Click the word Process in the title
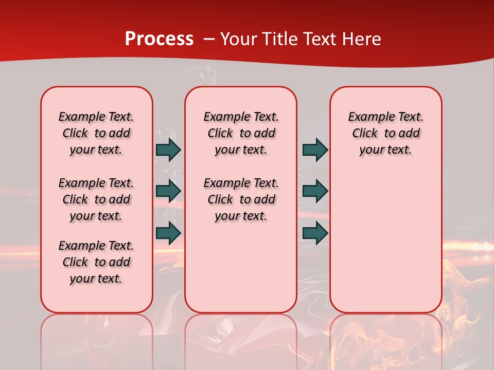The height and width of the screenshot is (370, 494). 159,39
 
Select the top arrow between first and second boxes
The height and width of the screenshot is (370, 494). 168,150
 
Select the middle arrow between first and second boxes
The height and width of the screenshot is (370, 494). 168,191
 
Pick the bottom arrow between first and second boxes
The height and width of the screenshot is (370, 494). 168,233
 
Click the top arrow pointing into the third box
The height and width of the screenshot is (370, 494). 315,150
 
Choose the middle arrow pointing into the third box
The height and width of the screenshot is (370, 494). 315,191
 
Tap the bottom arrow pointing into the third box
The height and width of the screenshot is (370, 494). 315,233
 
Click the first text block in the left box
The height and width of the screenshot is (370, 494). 96,133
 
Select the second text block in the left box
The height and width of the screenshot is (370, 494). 96,199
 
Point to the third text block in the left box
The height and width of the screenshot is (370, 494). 96,262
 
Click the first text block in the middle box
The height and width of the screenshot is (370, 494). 241,133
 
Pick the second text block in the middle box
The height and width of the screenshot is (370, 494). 241,199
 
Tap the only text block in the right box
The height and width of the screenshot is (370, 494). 385,133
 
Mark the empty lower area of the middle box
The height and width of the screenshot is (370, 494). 241,267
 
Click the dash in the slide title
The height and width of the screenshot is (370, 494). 209,39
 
